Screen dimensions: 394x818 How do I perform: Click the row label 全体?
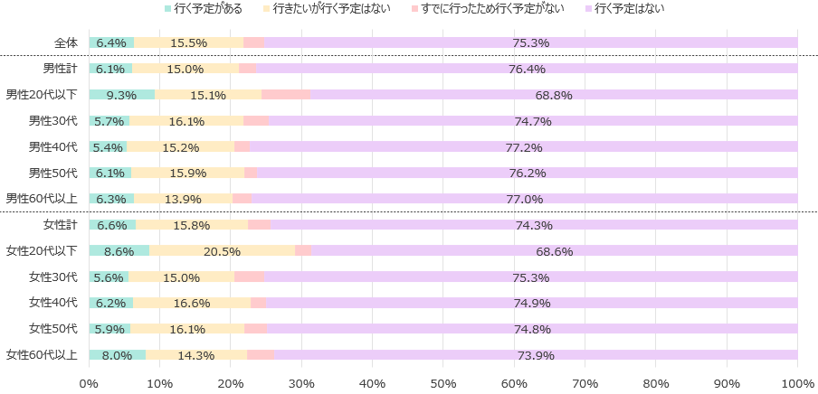pos(66,42)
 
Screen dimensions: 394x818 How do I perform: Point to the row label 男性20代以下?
pos(42,94)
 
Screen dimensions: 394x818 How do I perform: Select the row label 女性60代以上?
pos(42,354)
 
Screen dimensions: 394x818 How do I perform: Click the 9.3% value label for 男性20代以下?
pos(121,95)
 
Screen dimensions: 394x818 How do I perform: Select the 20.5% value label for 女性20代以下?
pos(222,251)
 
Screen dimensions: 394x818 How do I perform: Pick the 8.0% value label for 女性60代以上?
pos(117,355)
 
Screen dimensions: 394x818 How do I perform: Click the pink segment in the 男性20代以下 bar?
pos(286,94)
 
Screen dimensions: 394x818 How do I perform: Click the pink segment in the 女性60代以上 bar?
pos(261,354)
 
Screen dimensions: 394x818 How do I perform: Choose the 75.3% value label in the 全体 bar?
pos(531,43)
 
